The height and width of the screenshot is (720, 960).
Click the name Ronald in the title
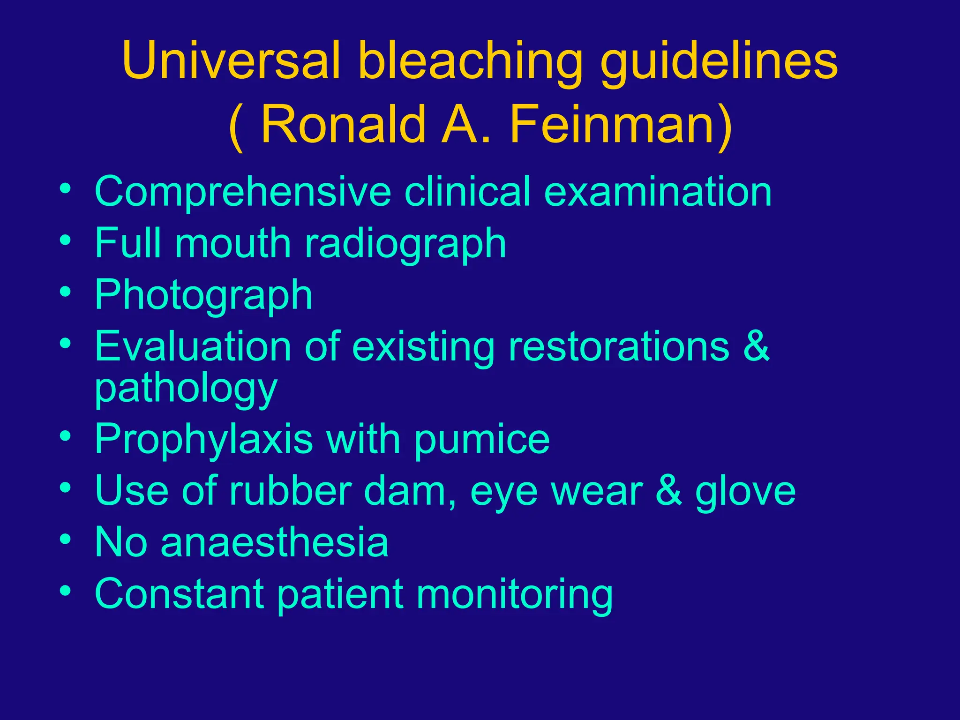pos(343,124)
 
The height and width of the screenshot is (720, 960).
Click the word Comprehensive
pos(243,192)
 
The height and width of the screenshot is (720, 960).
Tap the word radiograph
pos(405,244)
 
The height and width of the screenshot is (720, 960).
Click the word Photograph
pos(203,295)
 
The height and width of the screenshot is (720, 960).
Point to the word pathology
pos(186,389)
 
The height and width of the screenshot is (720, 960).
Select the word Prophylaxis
pos(203,439)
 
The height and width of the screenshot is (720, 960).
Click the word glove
pos(745,491)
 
